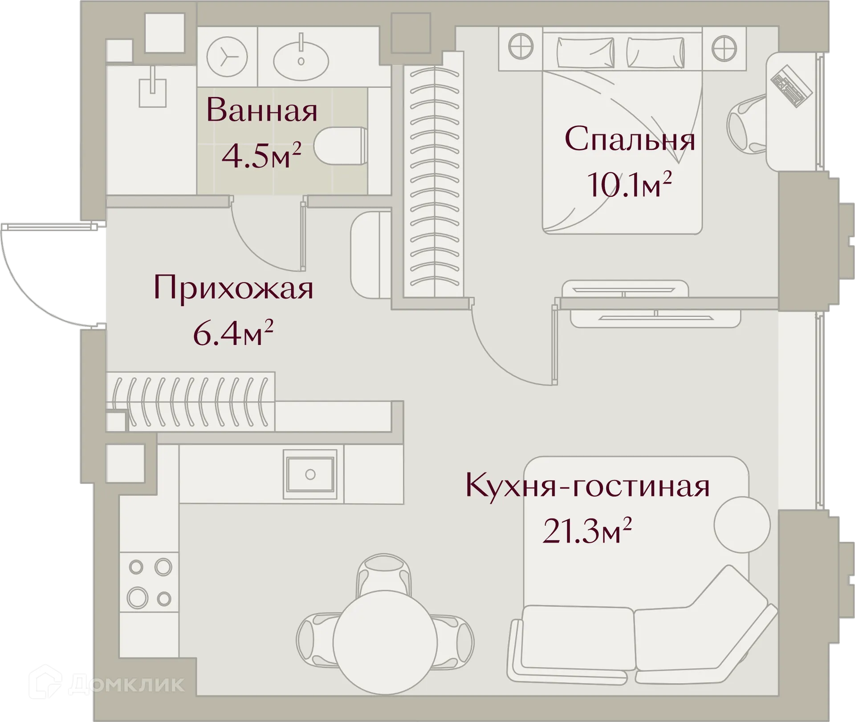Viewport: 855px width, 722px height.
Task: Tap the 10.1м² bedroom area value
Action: click(x=629, y=185)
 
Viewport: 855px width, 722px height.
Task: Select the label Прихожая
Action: click(x=233, y=288)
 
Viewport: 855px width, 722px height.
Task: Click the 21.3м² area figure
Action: click(x=587, y=531)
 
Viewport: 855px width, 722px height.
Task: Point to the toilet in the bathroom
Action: click(x=340, y=146)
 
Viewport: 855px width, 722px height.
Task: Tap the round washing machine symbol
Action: click(x=227, y=57)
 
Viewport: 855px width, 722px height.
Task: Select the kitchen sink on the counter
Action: click(x=310, y=475)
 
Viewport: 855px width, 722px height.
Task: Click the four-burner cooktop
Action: click(x=150, y=583)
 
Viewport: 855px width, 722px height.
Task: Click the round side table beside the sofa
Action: click(x=742, y=525)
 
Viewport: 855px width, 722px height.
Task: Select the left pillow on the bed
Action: click(x=585, y=52)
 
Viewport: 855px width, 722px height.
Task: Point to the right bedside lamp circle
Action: click(x=724, y=47)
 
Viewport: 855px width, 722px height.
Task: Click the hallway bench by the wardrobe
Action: click(x=370, y=255)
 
